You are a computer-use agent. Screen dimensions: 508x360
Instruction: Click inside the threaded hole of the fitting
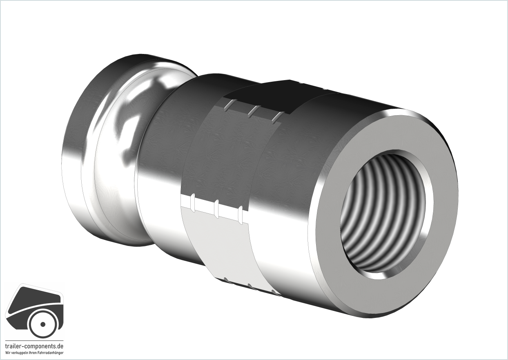[x=385, y=213]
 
